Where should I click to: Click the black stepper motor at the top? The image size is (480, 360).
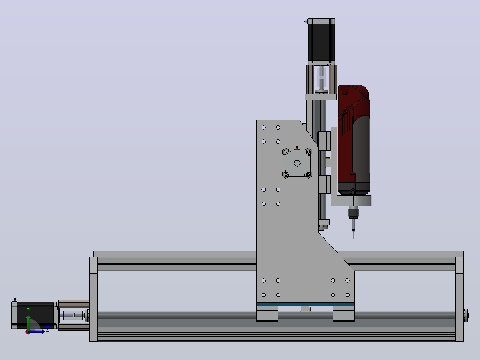click(x=321, y=41)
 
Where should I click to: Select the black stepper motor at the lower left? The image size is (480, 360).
click(x=34, y=315)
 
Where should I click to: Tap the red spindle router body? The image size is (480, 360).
click(x=354, y=140)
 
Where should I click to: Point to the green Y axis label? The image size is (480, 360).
click(x=28, y=310)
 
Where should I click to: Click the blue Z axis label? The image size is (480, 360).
click(x=48, y=330)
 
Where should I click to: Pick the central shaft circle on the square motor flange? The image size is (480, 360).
click(x=297, y=164)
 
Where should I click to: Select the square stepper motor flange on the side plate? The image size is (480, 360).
click(x=297, y=164)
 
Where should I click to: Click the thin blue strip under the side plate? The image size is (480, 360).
click(x=305, y=304)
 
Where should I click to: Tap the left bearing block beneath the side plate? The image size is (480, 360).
click(x=267, y=313)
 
